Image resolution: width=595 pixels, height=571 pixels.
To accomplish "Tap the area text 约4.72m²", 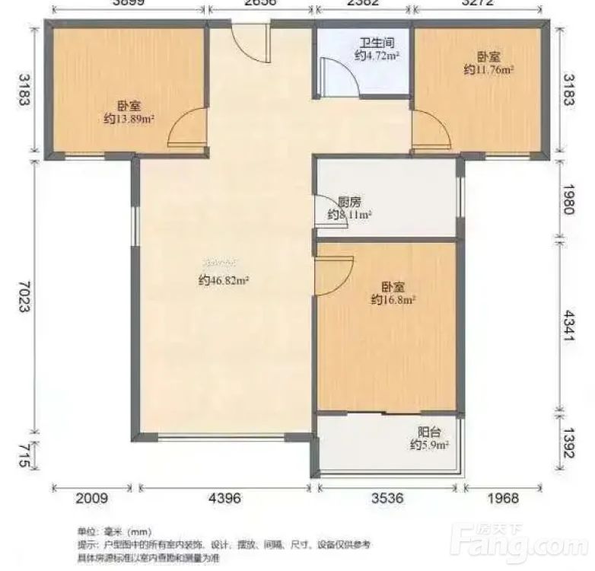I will pos(377,56).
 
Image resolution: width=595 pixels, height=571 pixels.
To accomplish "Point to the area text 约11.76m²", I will pos(488,69).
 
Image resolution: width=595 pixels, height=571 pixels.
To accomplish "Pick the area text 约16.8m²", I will pos(392,300).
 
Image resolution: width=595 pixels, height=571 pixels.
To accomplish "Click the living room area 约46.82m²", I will pos(224,280).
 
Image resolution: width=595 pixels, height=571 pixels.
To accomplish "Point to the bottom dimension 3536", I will pos(387,499).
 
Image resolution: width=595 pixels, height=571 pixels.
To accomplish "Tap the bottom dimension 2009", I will pos(91,499).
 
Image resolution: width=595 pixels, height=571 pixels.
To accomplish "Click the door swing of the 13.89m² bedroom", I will pos(186,128).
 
